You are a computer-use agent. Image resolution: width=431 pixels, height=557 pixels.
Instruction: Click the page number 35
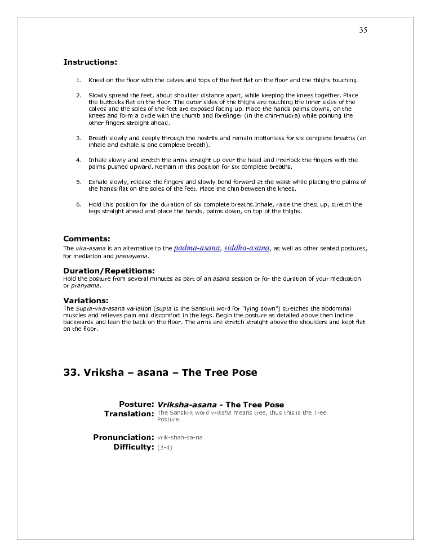(x=363, y=30)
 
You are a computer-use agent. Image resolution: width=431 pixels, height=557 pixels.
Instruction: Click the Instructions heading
(x=90, y=62)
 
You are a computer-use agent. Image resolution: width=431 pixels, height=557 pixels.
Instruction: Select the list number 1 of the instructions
(x=79, y=80)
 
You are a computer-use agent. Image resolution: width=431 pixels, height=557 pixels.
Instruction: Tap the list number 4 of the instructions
(x=79, y=160)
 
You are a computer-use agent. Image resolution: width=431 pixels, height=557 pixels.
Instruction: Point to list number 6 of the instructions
(x=79, y=205)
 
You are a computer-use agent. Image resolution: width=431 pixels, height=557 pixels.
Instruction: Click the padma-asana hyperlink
(x=197, y=248)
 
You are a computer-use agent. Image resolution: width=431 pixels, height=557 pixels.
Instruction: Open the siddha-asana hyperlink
(x=247, y=248)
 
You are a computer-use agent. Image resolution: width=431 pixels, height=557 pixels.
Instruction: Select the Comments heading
(x=87, y=239)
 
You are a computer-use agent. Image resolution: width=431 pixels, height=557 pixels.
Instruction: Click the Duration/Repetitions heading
(x=109, y=271)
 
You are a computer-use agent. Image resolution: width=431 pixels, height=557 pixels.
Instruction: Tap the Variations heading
(x=86, y=300)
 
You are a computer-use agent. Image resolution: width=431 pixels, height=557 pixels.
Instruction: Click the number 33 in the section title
(x=72, y=372)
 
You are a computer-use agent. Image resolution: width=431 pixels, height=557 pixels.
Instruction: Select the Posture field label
(x=136, y=404)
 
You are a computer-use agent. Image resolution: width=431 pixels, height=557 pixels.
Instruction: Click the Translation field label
(x=129, y=414)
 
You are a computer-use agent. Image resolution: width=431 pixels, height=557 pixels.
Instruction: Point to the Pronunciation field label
(x=123, y=437)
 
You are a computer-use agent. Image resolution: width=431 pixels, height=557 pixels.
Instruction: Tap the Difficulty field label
(x=134, y=447)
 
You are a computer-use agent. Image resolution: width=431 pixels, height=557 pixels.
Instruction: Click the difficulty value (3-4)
(x=165, y=448)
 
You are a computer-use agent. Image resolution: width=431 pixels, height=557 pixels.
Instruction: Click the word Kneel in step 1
(x=96, y=80)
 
